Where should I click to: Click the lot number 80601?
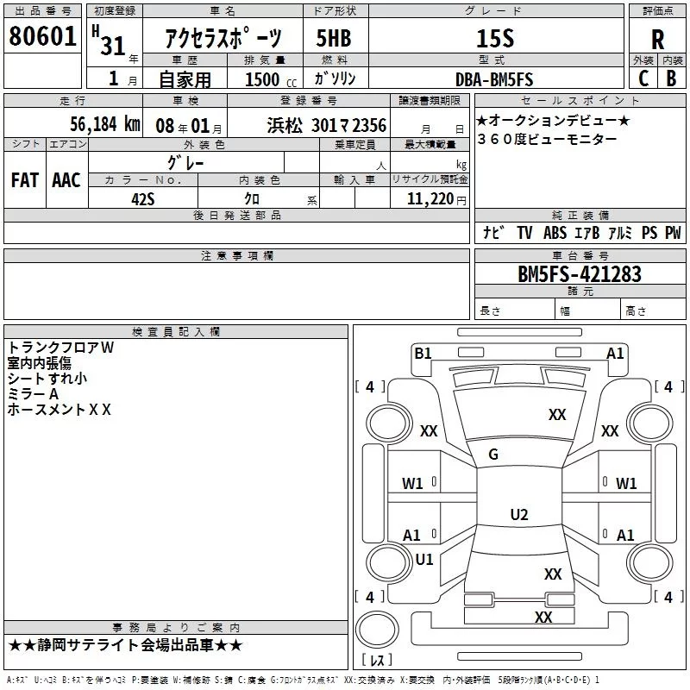point(42,36)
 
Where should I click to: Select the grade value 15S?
point(495,38)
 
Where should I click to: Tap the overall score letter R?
point(657,40)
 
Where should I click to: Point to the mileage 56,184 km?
point(105,124)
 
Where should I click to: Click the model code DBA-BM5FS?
point(494,79)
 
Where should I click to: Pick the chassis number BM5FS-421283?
point(580,274)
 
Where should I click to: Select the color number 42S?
point(143,199)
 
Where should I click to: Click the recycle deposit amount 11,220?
point(430,199)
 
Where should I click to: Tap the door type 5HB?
point(334,38)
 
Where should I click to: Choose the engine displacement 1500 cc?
point(271,79)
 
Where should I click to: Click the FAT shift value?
point(25,180)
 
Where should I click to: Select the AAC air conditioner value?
point(66,180)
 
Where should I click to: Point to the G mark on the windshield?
point(493,455)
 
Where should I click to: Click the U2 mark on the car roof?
point(519,514)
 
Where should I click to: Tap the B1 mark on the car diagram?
point(423,353)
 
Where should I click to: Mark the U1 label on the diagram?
point(424,559)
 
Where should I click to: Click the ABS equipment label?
point(555,233)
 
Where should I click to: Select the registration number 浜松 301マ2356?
point(327,126)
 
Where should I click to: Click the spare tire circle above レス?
point(377,630)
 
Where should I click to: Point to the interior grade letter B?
point(671,78)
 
